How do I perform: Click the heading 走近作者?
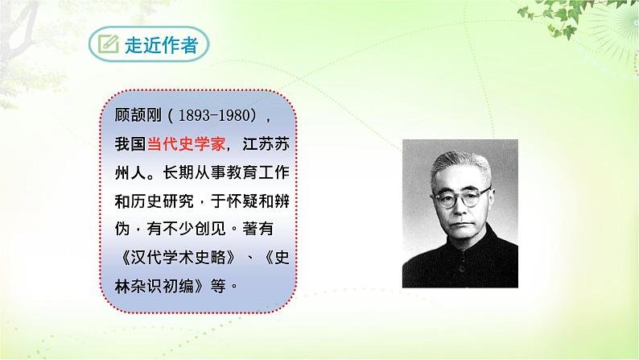[x=161, y=45]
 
